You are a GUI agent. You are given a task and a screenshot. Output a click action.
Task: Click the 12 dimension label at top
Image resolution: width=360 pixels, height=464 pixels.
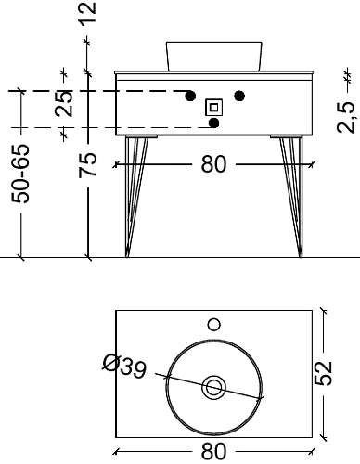[x=87, y=12]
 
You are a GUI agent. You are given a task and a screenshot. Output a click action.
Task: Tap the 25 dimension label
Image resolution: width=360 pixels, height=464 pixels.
[x=64, y=103]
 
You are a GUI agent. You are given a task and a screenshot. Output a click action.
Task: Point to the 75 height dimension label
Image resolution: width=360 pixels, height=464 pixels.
[x=87, y=165]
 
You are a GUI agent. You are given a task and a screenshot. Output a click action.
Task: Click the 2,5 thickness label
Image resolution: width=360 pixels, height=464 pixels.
[x=346, y=117]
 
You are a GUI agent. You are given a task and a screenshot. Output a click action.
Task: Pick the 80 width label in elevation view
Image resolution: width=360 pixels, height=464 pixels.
[x=213, y=164]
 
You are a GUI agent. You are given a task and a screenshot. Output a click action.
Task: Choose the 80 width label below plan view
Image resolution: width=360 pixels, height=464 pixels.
[x=213, y=451]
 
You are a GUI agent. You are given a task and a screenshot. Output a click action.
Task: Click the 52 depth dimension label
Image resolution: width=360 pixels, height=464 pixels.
[x=323, y=373]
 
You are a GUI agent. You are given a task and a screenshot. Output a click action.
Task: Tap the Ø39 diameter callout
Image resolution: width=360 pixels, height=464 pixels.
[x=123, y=366]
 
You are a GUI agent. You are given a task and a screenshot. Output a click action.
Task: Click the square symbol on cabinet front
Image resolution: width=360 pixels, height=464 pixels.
[x=213, y=108]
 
